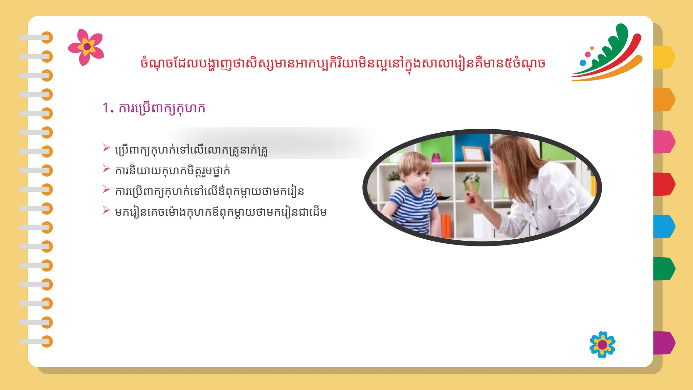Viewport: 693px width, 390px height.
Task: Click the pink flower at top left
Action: click(86, 47)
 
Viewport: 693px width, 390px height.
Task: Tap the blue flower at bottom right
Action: click(602, 345)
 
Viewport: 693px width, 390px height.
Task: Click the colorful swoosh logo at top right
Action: click(607, 54)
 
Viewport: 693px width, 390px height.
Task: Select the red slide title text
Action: click(342, 64)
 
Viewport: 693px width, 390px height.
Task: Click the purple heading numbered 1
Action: click(154, 108)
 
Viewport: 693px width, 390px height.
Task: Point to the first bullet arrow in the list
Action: click(106, 148)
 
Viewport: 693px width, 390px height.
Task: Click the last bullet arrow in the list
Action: click(106, 210)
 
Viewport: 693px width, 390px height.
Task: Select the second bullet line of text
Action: click(173, 171)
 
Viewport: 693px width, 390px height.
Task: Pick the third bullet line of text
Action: click(209, 192)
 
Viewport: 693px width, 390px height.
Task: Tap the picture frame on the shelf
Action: click(473, 154)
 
